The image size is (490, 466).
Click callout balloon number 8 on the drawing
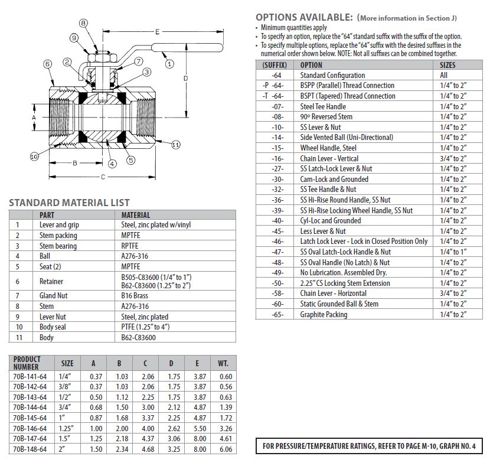click(83, 23)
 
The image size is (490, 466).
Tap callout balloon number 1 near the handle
click(169, 63)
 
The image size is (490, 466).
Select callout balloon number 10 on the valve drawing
click(34, 156)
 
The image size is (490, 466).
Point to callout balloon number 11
click(175, 144)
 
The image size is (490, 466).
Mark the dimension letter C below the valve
click(103, 176)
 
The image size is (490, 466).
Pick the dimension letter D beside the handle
click(185, 78)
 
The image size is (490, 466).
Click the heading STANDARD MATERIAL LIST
click(69, 203)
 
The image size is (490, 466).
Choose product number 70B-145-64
click(30, 418)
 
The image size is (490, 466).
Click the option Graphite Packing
click(324, 314)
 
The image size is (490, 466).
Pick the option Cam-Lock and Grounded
click(334, 179)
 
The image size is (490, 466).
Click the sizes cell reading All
click(444, 75)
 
